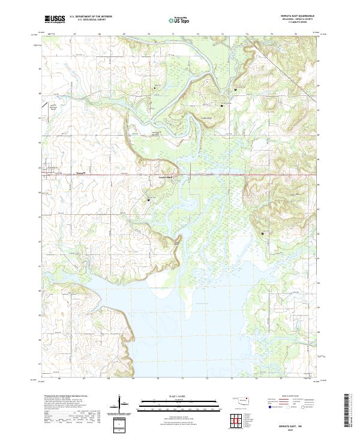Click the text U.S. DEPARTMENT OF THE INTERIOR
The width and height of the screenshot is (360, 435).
coord(91,16)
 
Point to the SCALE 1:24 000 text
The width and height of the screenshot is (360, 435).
coord(180,395)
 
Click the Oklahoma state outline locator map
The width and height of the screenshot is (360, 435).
coord(242,399)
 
